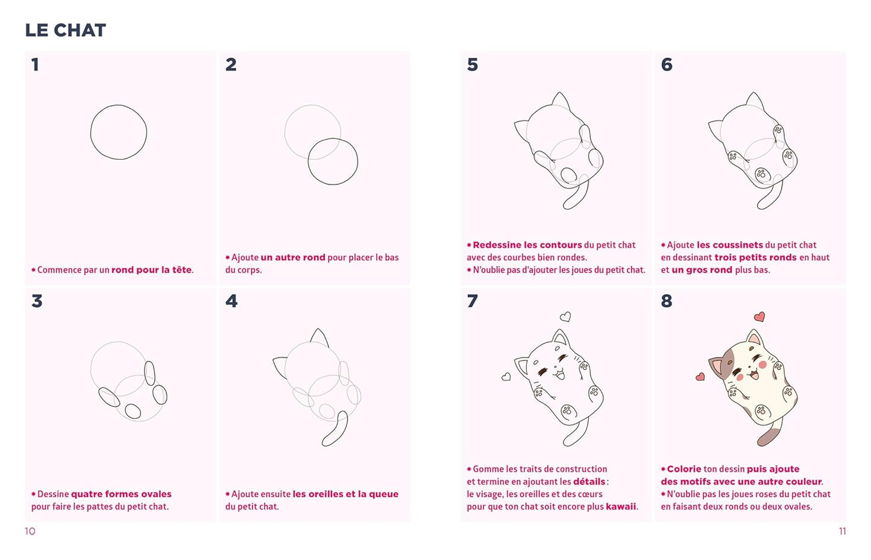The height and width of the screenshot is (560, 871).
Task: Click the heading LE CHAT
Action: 65,30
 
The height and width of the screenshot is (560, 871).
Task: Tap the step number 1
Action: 35,64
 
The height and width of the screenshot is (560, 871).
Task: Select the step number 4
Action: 231,301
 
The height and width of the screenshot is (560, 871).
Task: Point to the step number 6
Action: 667,64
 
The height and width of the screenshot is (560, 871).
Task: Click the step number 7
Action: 473,301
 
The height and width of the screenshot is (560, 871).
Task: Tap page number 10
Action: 30,531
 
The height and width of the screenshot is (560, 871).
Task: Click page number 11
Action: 842,531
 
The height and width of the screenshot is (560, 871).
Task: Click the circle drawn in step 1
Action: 90,132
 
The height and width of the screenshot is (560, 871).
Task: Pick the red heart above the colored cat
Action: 759,317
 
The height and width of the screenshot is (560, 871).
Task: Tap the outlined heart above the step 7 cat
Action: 565,317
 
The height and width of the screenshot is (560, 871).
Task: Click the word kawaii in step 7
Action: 621,507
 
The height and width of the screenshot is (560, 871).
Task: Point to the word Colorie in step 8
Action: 684,469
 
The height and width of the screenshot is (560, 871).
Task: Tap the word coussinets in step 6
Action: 730,245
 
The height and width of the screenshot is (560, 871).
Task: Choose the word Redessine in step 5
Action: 497,245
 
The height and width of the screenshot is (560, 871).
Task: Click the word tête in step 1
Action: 182,270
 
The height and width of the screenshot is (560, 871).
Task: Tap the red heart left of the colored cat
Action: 700,376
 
